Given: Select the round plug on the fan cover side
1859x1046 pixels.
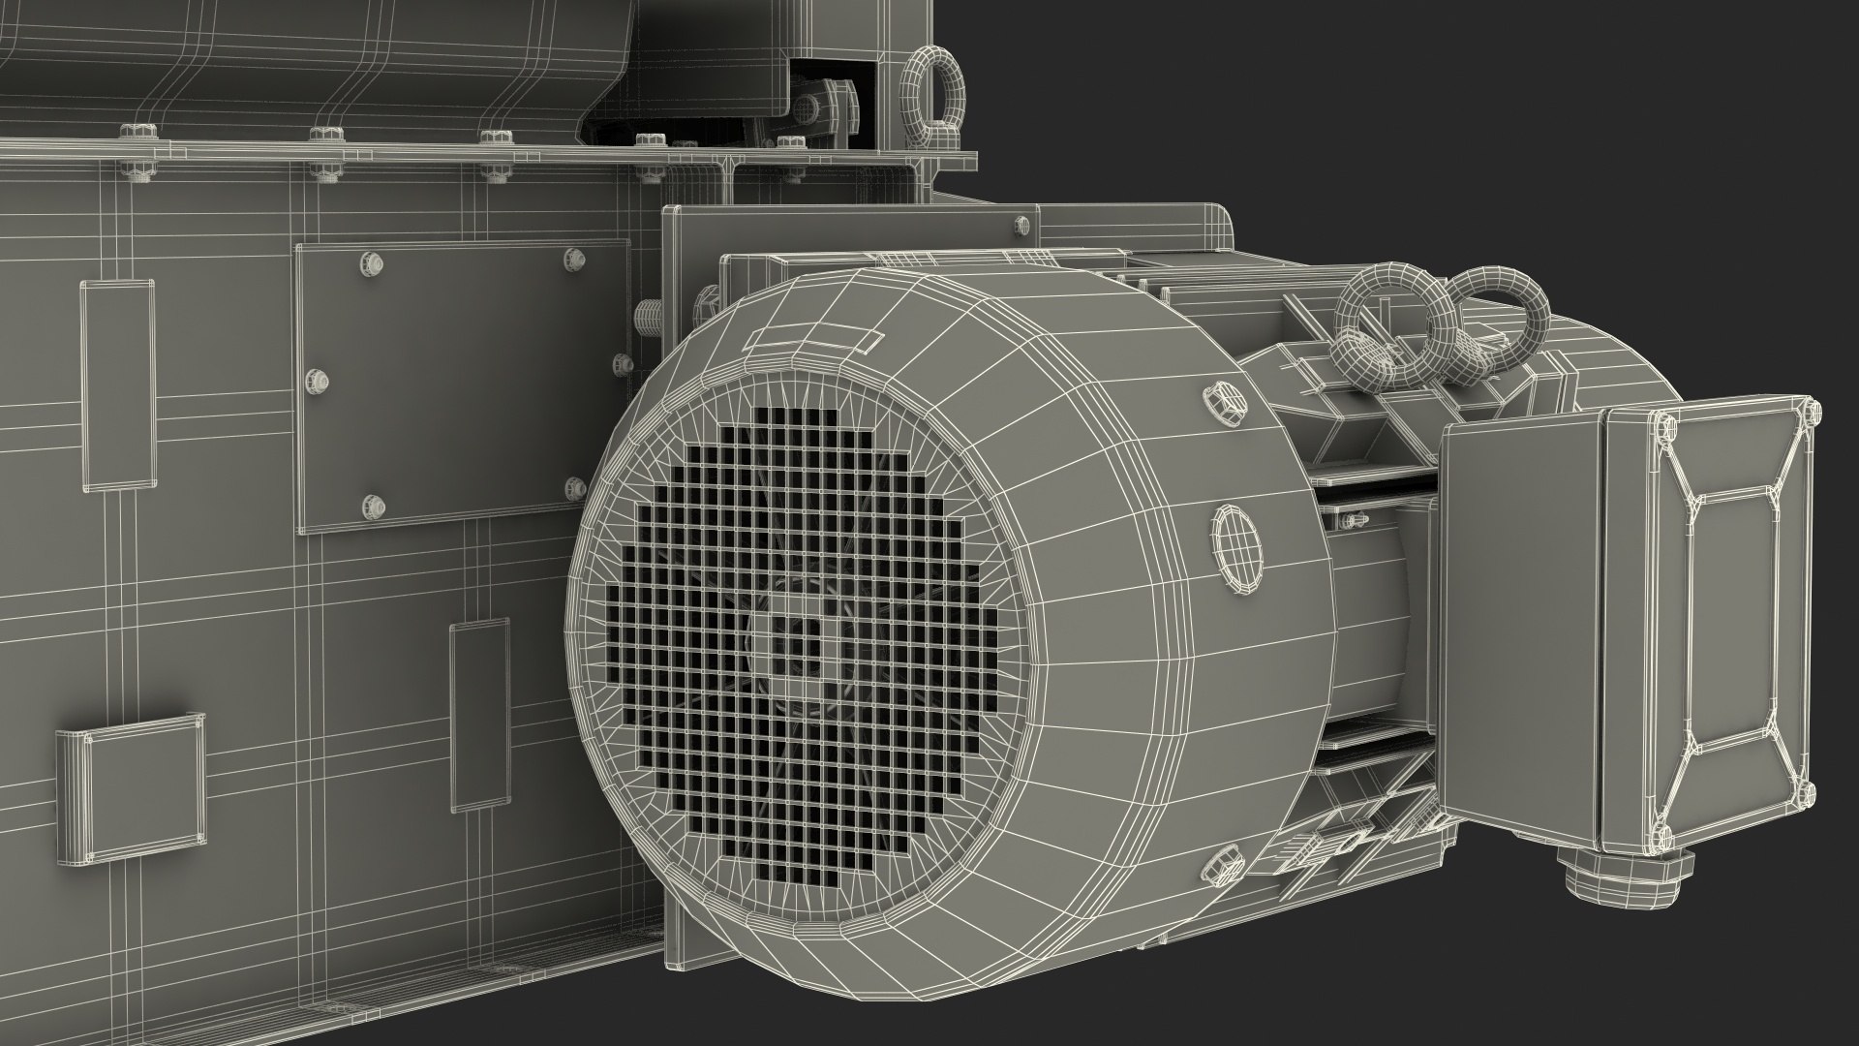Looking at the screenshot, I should pos(1237,548).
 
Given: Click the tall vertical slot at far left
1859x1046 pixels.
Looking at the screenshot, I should pos(117,385).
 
